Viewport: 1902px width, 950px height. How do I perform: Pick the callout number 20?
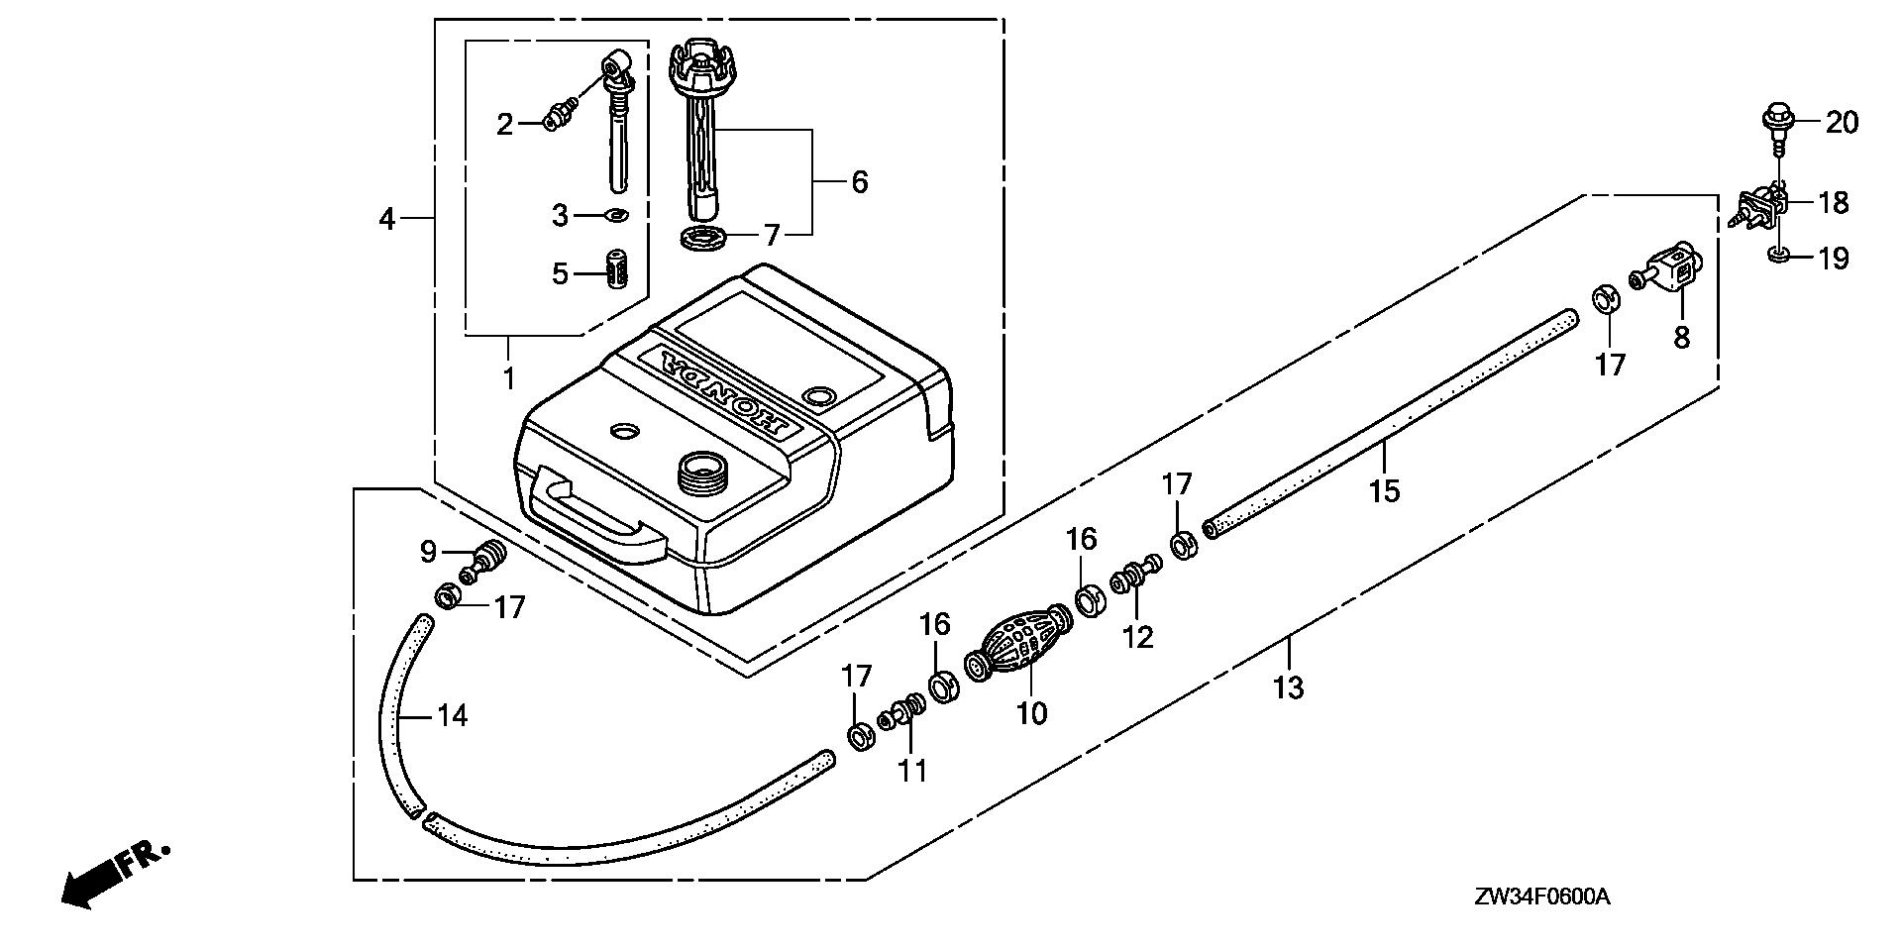pyautogui.click(x=1842, y=123)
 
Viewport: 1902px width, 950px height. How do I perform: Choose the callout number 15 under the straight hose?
pyautogui.click(x=1384, y=490)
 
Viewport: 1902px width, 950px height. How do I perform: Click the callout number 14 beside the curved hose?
pyautogui.click(x=452, y=715)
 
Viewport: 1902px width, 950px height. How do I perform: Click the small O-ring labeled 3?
pyautogui.click(x=616, y=214)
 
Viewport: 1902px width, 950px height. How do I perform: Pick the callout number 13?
pyautogui.click(x=1289, y=686)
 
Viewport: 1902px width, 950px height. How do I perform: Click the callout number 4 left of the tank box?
pyautogui.click(x=386, y=219)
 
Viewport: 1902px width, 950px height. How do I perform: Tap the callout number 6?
pyautogui.click(x=859, y=182)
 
